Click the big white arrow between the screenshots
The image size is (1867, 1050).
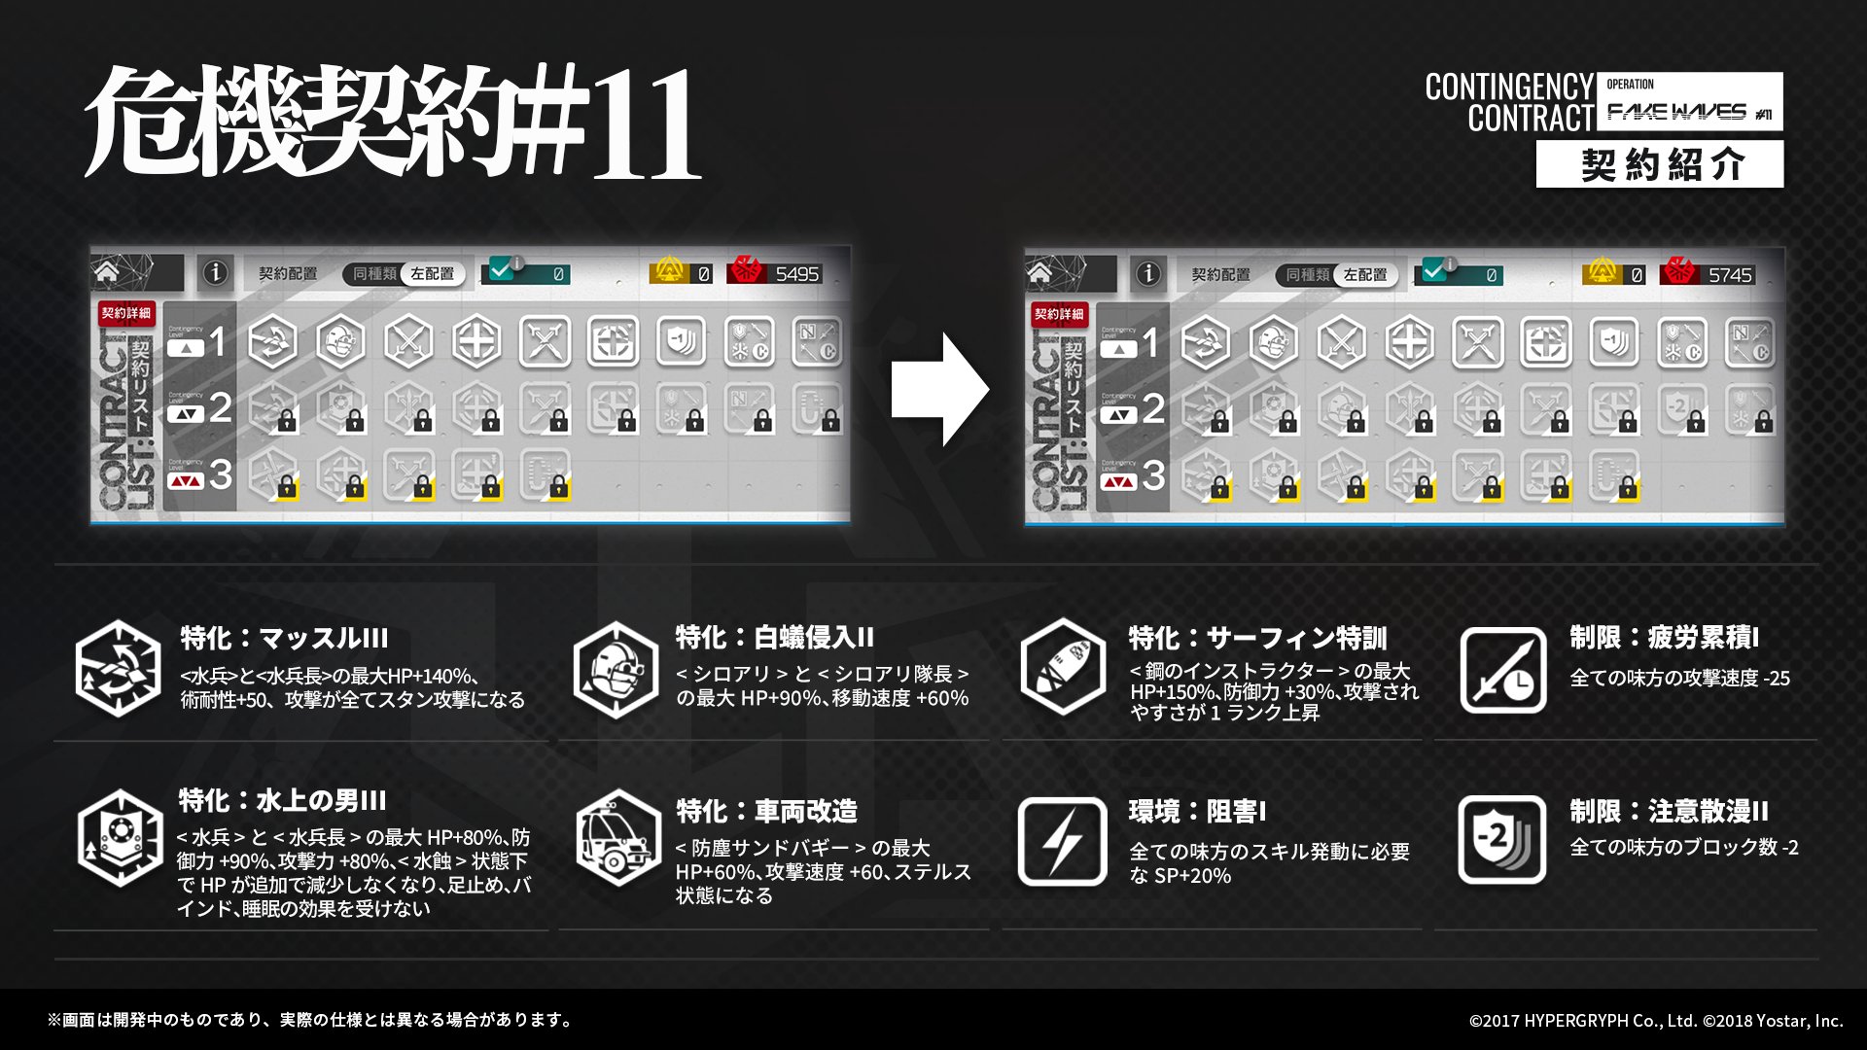click(x=939, y=390)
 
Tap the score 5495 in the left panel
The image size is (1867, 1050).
click(x=796, y=274)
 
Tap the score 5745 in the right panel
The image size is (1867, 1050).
click(x=1730, y=275)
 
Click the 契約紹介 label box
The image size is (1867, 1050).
click(x=1660, y=164)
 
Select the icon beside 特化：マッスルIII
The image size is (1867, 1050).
click(x=119, y=669)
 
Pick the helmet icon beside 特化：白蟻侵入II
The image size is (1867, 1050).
click(x=616, y=669)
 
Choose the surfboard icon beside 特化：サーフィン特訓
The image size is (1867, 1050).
click(x=1062, y=669)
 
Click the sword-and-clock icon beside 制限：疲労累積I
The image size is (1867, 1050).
click(x=1502, y=670)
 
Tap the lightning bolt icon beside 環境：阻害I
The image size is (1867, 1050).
click(x=1062, y=841)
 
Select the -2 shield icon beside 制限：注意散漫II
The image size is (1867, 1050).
click(x=1502, y=840)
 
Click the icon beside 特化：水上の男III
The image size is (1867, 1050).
click(x=120, y=840)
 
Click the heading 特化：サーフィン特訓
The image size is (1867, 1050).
click(x=1257, y=638)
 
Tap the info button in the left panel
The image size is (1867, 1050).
click(x=215, y=273)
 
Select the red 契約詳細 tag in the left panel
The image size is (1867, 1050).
click(x=126, y=313)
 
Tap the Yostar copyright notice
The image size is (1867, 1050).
click(x=1655, y=1020)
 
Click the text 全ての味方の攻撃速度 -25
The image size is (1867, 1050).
click(x=1679, y=678)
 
